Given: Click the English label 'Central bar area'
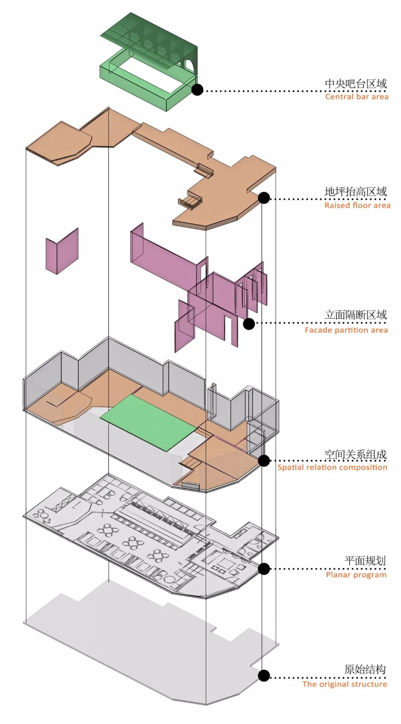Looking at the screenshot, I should coord(356,97).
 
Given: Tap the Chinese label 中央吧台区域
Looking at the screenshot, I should coord(356,84).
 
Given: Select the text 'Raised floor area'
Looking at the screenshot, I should coord(357,205).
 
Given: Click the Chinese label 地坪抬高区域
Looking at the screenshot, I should coord(356,192).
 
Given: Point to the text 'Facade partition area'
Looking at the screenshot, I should coord(346,330).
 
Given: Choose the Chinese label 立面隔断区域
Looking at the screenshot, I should coord(356,315).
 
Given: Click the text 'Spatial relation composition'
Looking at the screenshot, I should coord(332,467).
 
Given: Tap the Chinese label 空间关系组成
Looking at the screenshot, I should coord(356,454).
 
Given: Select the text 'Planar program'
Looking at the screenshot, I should coord(356,575).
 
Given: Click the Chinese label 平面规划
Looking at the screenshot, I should coord(365,561).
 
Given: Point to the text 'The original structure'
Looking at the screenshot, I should coord(345,684).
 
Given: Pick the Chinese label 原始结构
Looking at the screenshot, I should coord(365,670).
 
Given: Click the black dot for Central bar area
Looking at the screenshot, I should coord(197,90).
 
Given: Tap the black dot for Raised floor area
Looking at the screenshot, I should coord(264,198).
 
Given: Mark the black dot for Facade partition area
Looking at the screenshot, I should coord(249,324).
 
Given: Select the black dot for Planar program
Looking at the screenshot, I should coord(264,568).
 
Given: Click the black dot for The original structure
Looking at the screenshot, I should coord(264,676).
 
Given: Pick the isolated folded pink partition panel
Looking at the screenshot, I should coord(62,251).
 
